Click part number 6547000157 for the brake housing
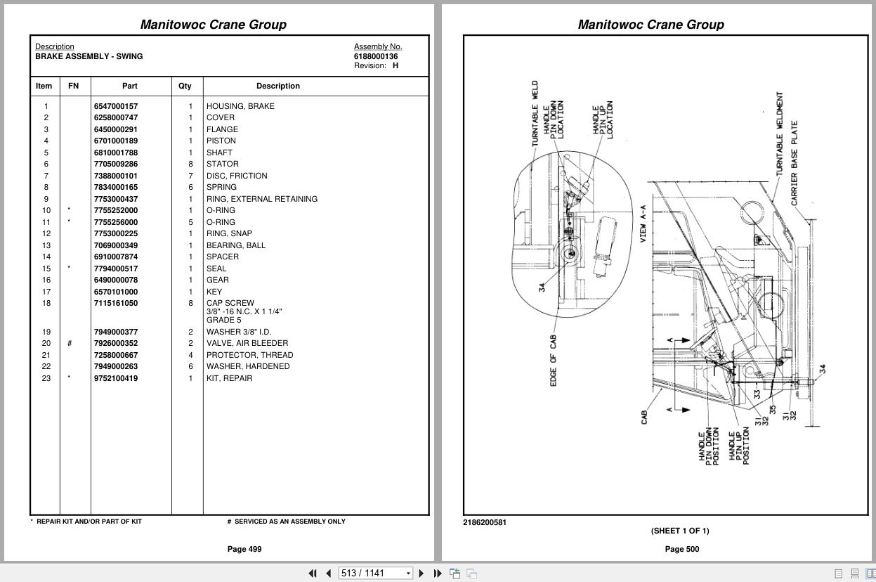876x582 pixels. click(116, 106)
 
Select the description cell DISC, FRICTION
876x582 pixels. click(237, 176)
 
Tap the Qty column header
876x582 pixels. click(185, 86)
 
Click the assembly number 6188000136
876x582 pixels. click(375, 56)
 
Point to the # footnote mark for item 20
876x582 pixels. click(70, 344)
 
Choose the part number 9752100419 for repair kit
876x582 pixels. click(116, 378)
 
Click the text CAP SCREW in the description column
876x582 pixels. click(230, 304)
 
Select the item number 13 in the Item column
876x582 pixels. click(46, 245)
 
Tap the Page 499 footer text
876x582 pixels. click(244, 549)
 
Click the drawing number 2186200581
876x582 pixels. click(485, 522)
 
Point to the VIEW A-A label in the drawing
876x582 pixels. click(643, 224)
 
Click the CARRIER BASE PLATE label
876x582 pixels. click(795, 163)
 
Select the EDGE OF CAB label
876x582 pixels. click(554, 360)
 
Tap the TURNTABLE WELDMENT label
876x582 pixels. click(780, 134)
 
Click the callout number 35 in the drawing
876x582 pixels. click(773, 410)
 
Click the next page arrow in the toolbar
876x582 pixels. click(421, 574)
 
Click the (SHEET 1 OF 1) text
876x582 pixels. click(679, 531)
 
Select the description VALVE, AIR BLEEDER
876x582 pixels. click(247, 343)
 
